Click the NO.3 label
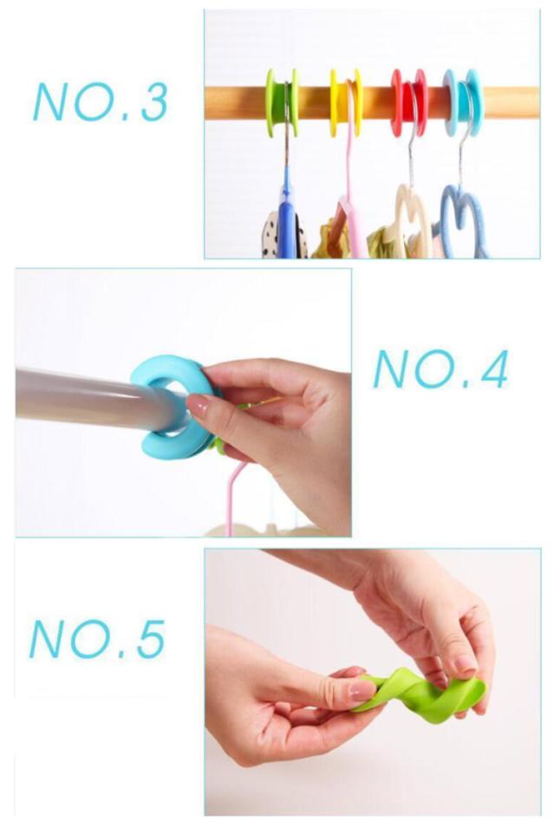(101, 102)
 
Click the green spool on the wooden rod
(282, 102)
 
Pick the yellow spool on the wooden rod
(346, 102)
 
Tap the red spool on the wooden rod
(408, 102)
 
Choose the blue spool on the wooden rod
(463, 102)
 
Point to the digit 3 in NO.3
(153, 102)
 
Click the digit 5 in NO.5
(151, 640)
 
